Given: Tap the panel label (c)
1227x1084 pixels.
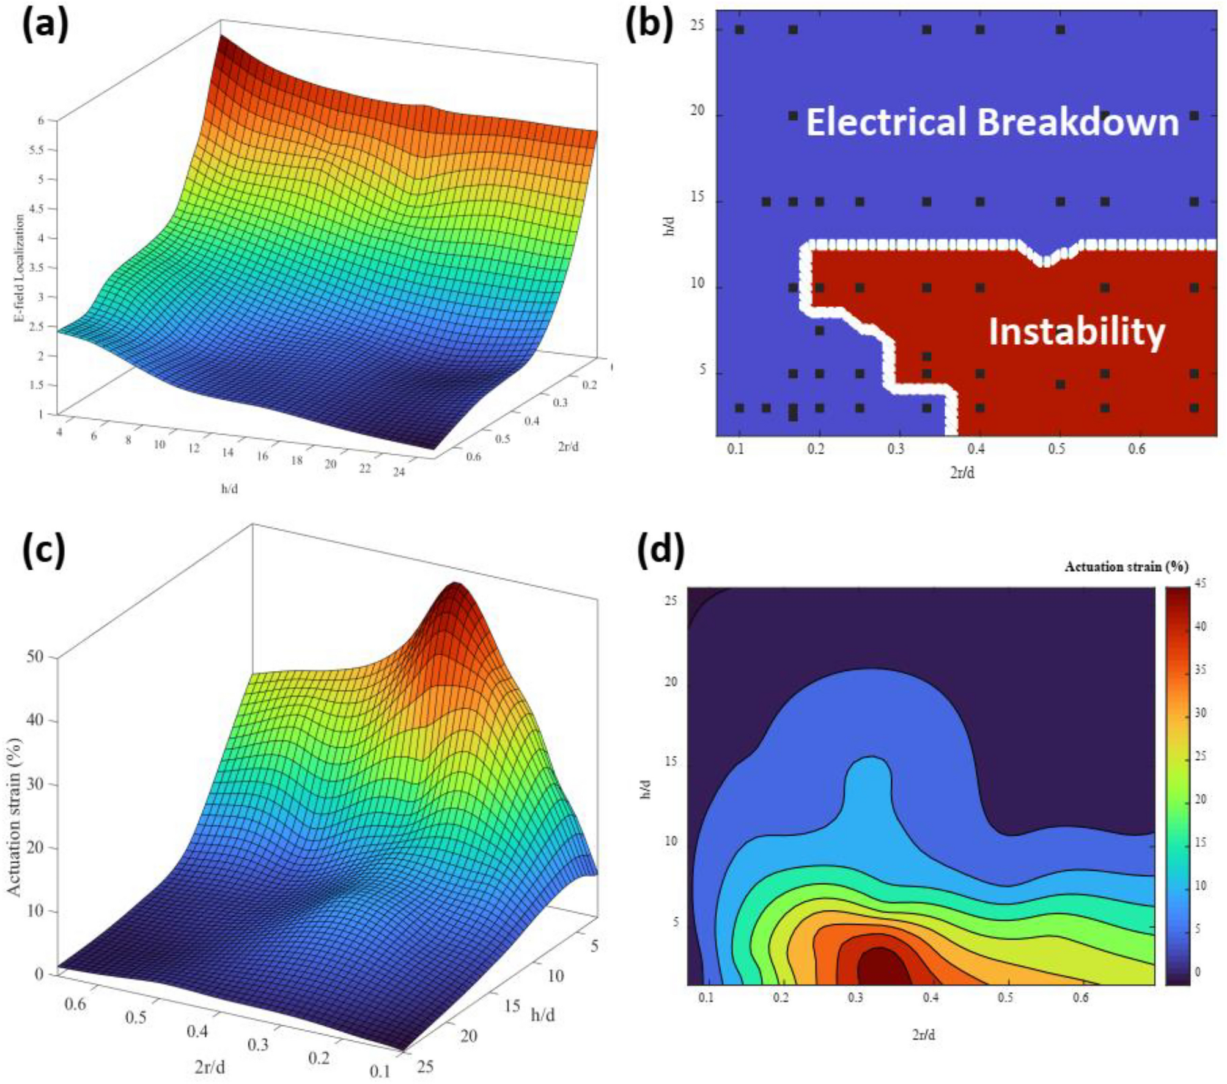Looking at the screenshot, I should (44, 551).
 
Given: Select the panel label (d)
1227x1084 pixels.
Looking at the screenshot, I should (660, 551).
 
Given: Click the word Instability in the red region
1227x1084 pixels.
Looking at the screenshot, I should (1076, 333).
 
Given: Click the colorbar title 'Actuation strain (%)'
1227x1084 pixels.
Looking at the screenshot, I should (1126, 567).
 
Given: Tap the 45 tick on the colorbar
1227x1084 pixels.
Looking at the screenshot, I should (1200, 584).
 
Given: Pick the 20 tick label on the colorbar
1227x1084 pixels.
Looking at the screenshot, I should (1200, 800).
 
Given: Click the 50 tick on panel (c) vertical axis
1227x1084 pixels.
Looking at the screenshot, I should (35, 657).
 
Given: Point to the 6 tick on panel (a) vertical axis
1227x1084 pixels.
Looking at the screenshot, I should (41, 120).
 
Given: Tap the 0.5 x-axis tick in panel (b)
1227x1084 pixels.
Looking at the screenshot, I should (1056, 449).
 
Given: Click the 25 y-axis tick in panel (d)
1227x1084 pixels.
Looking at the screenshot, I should (671, 601).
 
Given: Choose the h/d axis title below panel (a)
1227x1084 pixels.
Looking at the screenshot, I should (229, 489).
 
